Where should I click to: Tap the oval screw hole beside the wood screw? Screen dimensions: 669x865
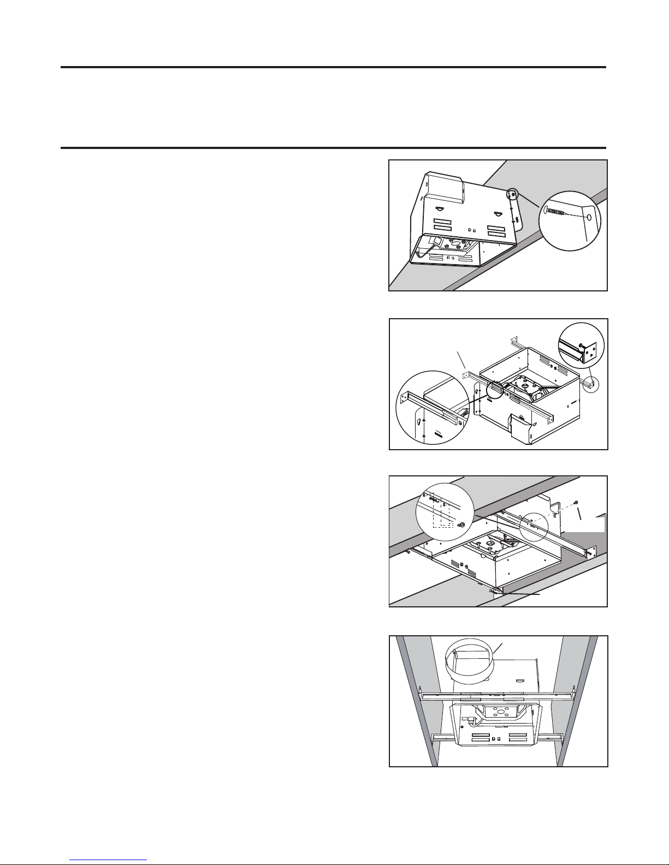coord(589,217)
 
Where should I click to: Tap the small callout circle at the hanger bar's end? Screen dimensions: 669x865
coord(591,384)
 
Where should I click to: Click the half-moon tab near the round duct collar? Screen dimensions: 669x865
coord(520,682)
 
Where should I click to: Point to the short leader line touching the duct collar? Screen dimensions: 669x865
coord(499,649)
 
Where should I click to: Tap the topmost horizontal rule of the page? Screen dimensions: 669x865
coord(333,68)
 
